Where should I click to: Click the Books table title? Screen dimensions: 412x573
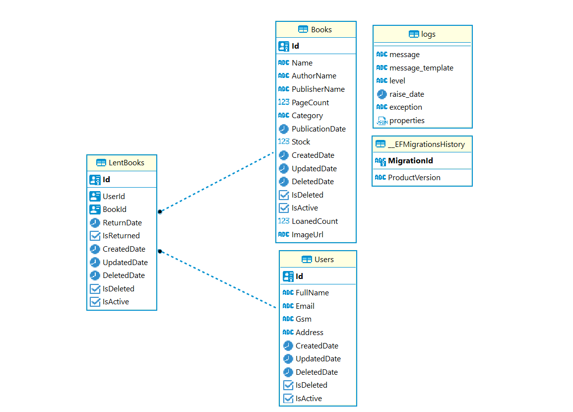[321, 30]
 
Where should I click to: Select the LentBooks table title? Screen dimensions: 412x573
[127, 163]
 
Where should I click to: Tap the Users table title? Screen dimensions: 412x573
[324, 260]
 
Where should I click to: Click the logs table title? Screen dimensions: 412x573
[428, 34]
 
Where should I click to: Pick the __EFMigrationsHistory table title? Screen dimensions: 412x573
[426, 144]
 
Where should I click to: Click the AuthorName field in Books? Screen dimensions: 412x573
[314, 76]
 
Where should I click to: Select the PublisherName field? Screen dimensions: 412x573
[318, 89]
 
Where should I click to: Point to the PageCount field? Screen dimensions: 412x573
[310, 103]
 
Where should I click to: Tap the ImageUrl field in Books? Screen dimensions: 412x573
[307, 235]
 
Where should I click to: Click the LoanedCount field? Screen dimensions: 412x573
[315, 221]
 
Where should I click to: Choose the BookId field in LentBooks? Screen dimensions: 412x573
[114, 209]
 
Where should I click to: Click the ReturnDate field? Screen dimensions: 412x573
[122, 223]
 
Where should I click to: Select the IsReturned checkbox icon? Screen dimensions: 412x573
[95, 236]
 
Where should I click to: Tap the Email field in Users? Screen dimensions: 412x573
[305, 306]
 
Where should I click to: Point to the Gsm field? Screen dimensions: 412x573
[303, 319]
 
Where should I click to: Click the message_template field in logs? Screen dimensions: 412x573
[421, 68]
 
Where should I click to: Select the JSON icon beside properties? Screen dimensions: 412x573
[382, 121]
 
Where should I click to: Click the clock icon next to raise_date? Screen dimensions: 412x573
[382, 94]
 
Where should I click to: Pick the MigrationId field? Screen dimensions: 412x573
[410, 161]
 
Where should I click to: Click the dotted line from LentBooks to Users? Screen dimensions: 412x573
[218, 279]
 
